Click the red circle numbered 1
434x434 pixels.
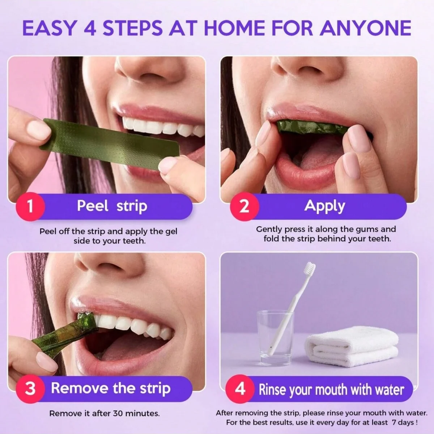click(x=30, y=207)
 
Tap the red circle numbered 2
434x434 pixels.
click(x=244, y=207)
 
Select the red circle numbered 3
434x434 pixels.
click(x=30, y=388)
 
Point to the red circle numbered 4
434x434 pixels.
click(x=240, y=389)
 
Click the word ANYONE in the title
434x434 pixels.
click(x=366, y=28)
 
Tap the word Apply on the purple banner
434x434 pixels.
click(x=324, y=206)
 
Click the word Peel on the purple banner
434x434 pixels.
click(x=92, y=206)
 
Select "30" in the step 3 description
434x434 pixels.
click(x=119, y=413)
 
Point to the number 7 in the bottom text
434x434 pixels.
click(x=395, y=422)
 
